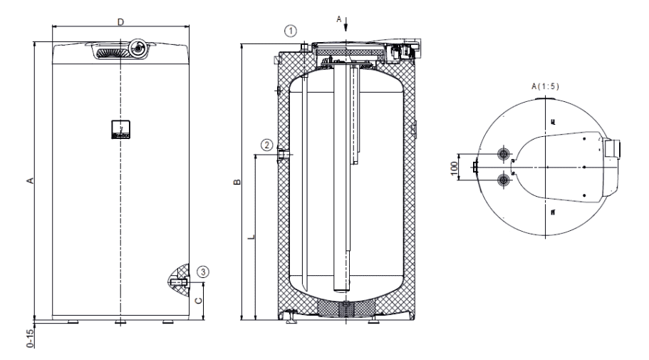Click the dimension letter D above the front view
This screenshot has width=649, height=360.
tap(120, 22)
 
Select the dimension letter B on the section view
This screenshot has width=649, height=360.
tap(237, 182)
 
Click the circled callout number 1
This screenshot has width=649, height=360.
tap(289, 30)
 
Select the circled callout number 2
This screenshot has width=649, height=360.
tap(266, 144)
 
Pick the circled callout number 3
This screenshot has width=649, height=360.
tap(204, 271)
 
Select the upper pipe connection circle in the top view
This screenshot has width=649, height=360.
tap(505, 154)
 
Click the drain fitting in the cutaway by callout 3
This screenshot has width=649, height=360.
tap(178, 283)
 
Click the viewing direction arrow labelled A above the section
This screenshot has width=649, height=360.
tap(346, 26)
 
